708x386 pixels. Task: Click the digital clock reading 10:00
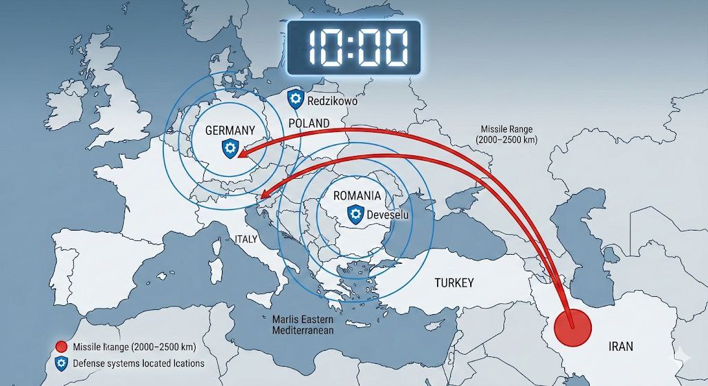click(353, 47)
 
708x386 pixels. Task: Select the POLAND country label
click(308, 123)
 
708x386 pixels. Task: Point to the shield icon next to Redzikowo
click(296, 99)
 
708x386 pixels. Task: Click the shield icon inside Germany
click(230, 147)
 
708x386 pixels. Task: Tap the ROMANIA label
click(357, 195)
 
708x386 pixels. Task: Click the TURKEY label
click(454, 282)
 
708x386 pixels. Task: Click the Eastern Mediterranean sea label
click(303, 325)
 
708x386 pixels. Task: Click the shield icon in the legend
click(61, 363)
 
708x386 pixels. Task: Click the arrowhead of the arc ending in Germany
click(240, 156)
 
